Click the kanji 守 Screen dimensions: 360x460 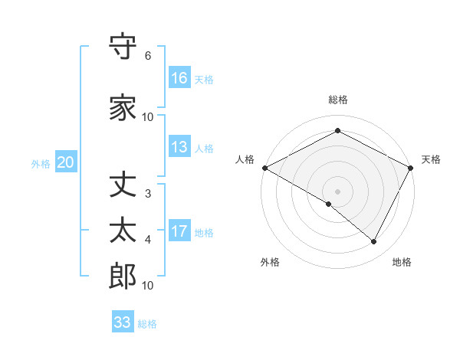point(123,47)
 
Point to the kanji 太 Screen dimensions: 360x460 point(123,231)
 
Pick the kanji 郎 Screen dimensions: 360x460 point(123,276)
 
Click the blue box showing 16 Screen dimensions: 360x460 point(179,78)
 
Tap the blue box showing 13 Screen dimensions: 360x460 point(179,148)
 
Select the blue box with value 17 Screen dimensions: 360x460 point(179,232)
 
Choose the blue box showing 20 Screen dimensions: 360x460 point(65,162)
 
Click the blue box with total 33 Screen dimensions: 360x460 point(122,322)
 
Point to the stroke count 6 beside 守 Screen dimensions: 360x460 point(147,56)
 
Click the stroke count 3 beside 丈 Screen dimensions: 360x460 point(147,194)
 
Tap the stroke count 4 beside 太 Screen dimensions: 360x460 point(147,240)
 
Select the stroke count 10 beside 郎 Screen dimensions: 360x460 point(148,286)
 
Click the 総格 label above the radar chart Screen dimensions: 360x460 point(338,100)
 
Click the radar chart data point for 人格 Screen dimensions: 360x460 point(264,167)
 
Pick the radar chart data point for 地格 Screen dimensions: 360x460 point(374,242)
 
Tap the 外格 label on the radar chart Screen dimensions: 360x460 point(270,262)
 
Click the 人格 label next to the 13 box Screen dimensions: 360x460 point(204,149)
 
